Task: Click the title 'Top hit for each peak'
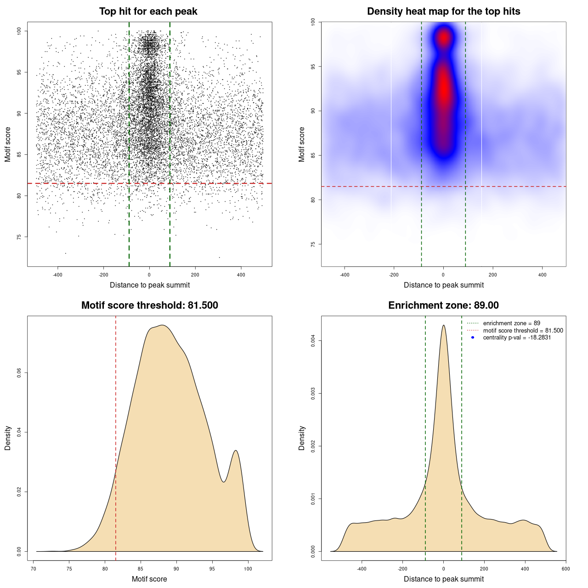point(148,11)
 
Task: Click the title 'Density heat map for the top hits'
point(443,11)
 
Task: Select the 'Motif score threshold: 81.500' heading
point(149,305)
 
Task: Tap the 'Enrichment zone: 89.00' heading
point(443,305)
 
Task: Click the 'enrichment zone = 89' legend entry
point(511,323)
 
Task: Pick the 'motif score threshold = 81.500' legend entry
point(523,331)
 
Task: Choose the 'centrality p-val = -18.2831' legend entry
point(517,338)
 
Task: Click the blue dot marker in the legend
point(473,338)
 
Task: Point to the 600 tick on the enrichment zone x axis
point(565,569)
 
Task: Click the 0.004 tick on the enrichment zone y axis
point(313,340)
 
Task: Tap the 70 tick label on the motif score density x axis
point(34,569)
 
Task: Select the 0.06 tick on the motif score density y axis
point(19,373)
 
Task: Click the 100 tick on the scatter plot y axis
point(19,31)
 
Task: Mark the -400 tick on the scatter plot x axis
point(57,275)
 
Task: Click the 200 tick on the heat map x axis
point(493,275)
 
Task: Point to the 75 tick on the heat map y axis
point(313,244)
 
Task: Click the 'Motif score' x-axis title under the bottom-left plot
point(149,579)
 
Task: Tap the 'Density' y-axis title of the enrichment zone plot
point(302,438)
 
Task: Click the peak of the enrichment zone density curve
point(443,325)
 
